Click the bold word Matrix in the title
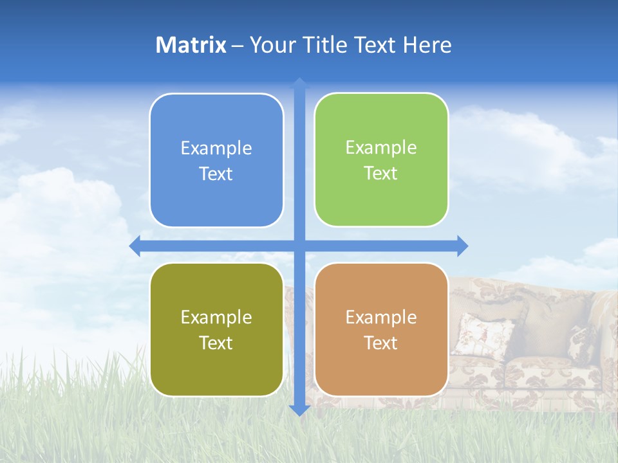[x=191, y=45]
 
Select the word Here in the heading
[x=427, y=45]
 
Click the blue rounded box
[x=216, y=160]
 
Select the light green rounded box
[x=381, y=159]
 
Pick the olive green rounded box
[x=216, y=329]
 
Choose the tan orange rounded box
[x=381, y=329]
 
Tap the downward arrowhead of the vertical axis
[x=299, y=410]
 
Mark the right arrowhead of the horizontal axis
[x=462, y=246]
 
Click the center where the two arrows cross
[x=299, y=246]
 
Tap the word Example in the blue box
[x=216, y=149]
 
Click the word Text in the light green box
[x=381, y=174]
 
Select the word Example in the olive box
[x=216, y=317]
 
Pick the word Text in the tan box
[x=381, y=343]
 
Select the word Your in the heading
[x=270, y=45]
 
